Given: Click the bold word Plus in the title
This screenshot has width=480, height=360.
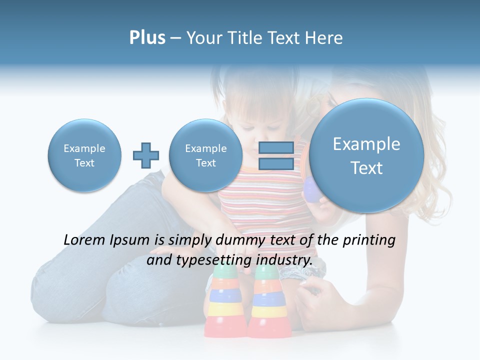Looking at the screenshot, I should [147, 38].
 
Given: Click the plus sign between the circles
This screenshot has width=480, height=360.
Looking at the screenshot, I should [145, 155].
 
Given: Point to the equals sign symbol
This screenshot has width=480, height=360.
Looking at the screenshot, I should [275, 155].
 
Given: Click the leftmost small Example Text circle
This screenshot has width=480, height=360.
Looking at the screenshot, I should [84, 155].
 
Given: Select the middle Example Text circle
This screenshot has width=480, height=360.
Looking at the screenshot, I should [205, 155].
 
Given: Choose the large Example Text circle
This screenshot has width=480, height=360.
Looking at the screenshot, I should [366, 155].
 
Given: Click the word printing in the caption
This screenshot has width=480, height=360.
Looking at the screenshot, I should [369, 240].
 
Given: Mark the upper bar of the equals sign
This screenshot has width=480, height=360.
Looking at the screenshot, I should [275, 148].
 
